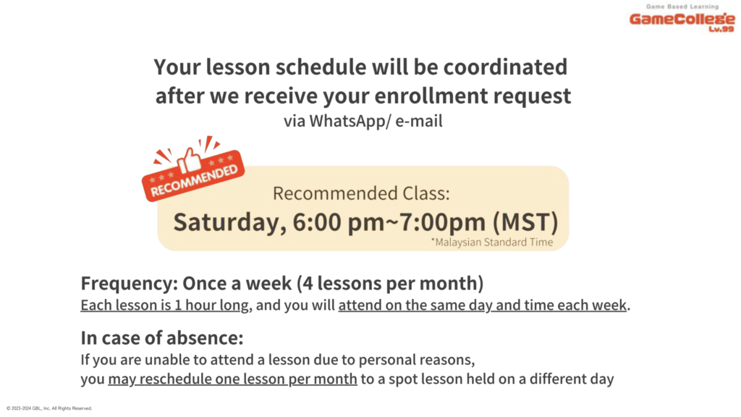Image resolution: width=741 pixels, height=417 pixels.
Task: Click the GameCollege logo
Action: tap(682, 18)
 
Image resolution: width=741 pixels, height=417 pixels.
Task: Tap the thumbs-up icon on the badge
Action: tap(190, 160)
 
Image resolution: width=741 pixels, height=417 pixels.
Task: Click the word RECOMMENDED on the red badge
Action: tap(194, 180)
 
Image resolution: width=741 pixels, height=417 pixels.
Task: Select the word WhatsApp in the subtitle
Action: tap(347, 121)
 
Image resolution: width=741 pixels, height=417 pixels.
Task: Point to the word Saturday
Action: tap(229, 222)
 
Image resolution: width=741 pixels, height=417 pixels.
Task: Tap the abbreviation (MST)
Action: tap(525, 222)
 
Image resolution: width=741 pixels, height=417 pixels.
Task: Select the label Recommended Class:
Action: tap(362, 193)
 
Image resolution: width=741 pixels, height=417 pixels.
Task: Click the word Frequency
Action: tap(130, 284)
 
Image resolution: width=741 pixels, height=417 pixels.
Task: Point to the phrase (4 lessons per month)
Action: tap(390, 284)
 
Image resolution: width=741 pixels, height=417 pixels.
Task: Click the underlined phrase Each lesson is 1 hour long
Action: tap(164, 305)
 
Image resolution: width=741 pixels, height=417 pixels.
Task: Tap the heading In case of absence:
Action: tap(162, 338)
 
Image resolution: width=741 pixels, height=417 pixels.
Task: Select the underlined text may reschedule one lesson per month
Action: tap(232, 379)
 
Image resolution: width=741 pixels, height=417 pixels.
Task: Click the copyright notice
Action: tap(49, 408)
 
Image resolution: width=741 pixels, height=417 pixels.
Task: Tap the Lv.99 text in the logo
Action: tap(721, 29)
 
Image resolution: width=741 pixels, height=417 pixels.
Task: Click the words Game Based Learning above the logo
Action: tap(682, 7)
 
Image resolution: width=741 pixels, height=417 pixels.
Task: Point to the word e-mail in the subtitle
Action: tap(419, 121)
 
